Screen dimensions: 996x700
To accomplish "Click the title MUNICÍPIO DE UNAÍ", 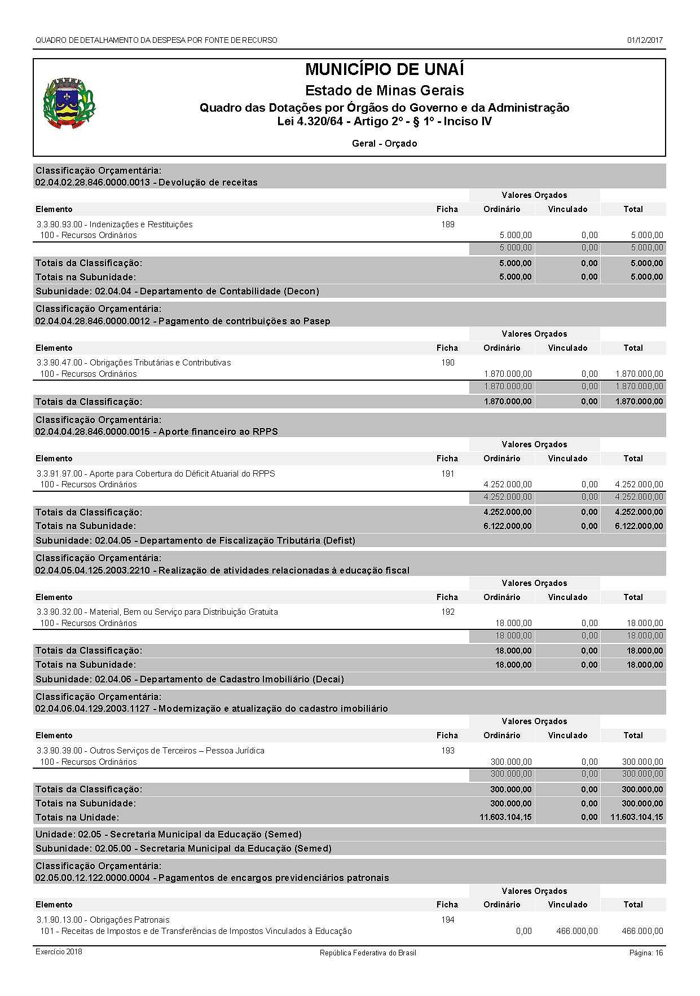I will (384, 69).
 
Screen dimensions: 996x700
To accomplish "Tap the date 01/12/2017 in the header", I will (645, 40).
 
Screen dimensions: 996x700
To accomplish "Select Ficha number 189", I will (447, 224).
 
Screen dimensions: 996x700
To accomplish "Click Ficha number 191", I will (447, 474).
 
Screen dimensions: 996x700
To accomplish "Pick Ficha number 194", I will (447, 920).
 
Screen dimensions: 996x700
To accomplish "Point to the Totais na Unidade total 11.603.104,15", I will (636, 817).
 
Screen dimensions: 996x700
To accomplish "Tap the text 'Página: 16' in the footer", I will (646, 953).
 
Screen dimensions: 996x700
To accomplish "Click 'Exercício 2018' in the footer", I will (59, 952).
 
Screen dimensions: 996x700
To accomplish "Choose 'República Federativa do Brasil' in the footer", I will (368, 953).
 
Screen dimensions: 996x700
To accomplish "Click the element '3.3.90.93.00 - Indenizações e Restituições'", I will (115, 224).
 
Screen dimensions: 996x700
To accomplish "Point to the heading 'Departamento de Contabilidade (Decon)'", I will (230, 292).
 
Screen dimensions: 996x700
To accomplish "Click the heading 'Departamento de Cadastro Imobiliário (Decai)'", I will (242, 679).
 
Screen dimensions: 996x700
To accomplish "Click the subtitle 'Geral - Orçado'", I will (384, 143).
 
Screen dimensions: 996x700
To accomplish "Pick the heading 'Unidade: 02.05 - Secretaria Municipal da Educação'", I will (169, 834).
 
